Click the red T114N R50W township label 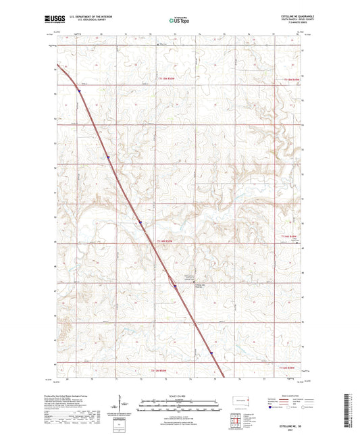click(170, 240)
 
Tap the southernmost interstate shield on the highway click(211, 352)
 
